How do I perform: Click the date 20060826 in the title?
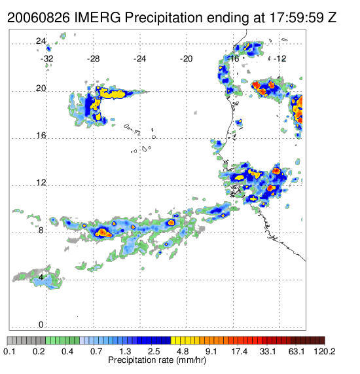pyautogui.click(x=39, y=18)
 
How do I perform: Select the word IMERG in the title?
pyautogui.click(x=98, y=18)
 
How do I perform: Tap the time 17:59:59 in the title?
pyautogui.click(x=296, y=18)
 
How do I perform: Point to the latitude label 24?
pyautogui.click(x=41, y=41)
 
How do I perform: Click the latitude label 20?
pyautogui.click(x=41, y=88)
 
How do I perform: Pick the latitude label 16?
pyautogui.click(x=41, y=136)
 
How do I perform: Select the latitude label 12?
pyautogui.click(x=41, y=183)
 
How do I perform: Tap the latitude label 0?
pyautogui.click(x=41, y=325)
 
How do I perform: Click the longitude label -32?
pyautogui.click(x=47, y=59)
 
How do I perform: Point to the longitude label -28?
pyautogui.click(x=93, y=59)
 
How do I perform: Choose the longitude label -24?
pyautogui.click(x=139, y=59)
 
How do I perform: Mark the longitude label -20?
pyautogui.click(x=186, y=59)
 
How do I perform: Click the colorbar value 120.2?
pyautogui.click(x=325, y=351)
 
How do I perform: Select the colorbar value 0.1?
pyautogui.click(x=9, y=351)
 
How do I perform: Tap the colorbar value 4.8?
pyautogui.click(x=183, y=351)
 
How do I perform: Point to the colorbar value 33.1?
pyautogui.click(x=268, y=351)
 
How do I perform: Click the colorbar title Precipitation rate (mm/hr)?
pyautogui.click(x=157, y=360)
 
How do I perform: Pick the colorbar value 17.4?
pyautogui.click(x=240, y=351)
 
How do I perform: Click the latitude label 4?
pyautogui.click(x=41, y=278)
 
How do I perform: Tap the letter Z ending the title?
pyautogui.click(x=332, y=18)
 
